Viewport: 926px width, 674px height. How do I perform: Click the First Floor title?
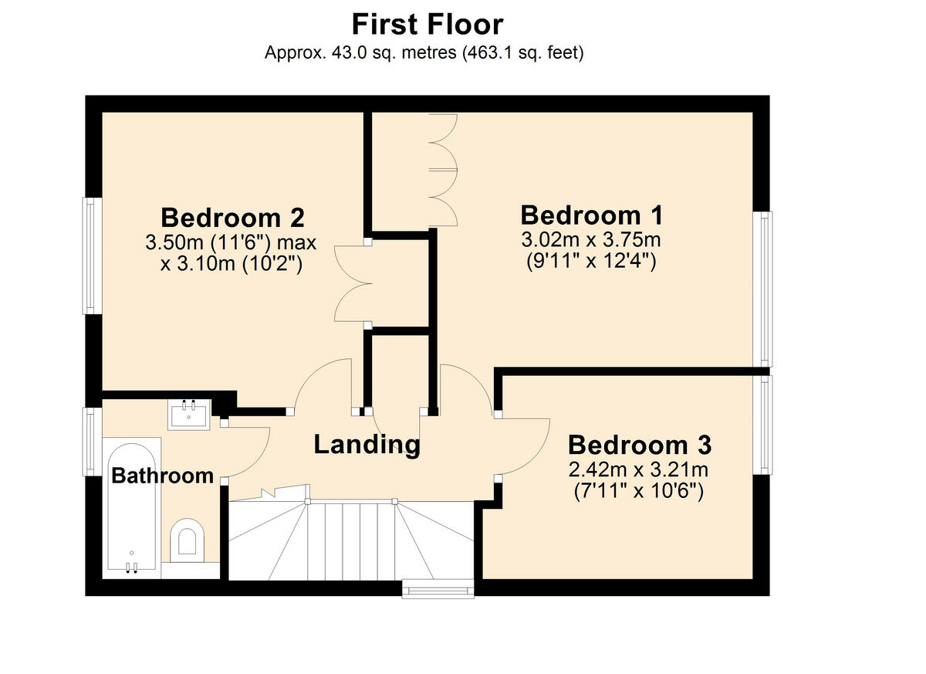coord(428,24)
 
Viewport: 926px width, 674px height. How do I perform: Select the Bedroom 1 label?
coord(593,215)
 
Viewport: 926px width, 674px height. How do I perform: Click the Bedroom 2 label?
coord(232,216)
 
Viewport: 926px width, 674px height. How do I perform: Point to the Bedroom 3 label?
coord(640,445)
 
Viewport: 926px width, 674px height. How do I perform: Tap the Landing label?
coord(367,444)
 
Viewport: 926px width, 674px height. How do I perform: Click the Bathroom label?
coord(162,475)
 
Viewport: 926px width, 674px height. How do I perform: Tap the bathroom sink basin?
coord(188,415)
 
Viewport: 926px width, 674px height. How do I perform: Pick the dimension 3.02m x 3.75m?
coord(592,239)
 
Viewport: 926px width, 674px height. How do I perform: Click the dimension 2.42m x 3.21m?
coord(639,469)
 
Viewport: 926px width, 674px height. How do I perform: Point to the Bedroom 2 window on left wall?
coord(92,256)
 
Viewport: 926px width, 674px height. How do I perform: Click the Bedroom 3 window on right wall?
coord(763,425)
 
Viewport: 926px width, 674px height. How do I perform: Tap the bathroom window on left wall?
coord(92,441)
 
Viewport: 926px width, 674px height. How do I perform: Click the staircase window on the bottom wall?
coord(438,589)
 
